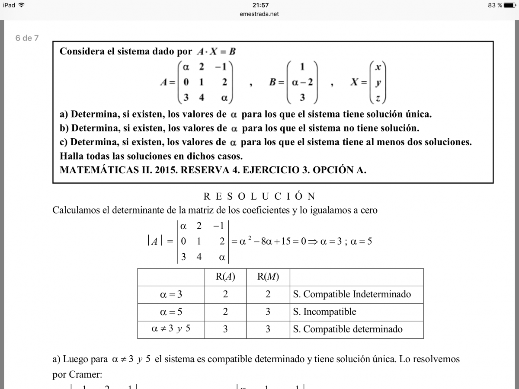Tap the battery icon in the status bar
click(x=509, y=5)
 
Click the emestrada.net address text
click(x=259, y=14)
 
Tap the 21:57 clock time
click(x=260, y=5)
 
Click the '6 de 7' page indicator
click(x=27, y=38)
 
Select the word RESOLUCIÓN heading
click(x=259, y=196)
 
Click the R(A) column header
click(x=225, y=277)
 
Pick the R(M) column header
click(x=268, y=277)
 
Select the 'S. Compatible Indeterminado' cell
click(x=352, y=294)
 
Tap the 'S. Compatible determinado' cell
click(x=348, y=329)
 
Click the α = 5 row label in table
click(x=171, y=312)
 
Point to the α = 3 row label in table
click(x=171, y=294)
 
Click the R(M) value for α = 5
click(x=268, y=312)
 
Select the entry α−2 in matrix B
click(x=302, y=82)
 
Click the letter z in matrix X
click(x=378, y=99)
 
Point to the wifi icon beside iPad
click(x=22, y=5)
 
